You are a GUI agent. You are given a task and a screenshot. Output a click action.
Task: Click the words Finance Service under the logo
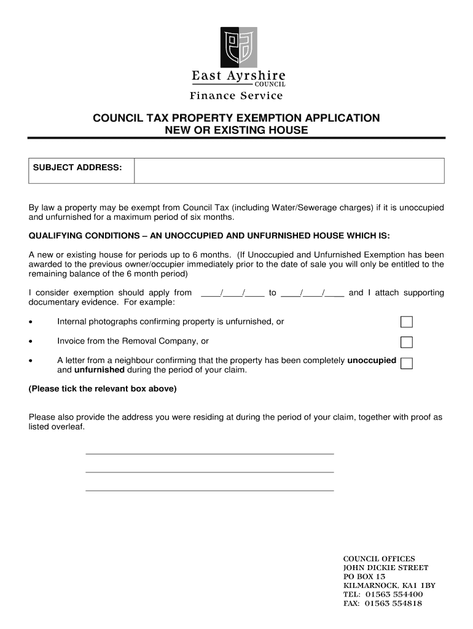[237, 95]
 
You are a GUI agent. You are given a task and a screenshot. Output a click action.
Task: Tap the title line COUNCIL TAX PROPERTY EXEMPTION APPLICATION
[237, 118]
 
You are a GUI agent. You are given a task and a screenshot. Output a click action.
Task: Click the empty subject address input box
[289, 170]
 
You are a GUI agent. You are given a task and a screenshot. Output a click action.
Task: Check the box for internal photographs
[406, 322]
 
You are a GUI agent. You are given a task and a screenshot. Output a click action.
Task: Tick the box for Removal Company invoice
[406, 342]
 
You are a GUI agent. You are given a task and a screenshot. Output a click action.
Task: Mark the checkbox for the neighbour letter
[406, 363]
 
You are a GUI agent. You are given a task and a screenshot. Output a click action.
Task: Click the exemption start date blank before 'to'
[233, 293]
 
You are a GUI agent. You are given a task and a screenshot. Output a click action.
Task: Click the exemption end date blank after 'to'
[313, 293]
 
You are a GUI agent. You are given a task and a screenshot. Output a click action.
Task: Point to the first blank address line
[209, 453]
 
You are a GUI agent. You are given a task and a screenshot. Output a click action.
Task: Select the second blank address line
[209, 471]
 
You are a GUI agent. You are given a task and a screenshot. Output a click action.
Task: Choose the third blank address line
[209, 490]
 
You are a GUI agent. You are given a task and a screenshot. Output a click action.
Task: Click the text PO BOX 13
[364, 577]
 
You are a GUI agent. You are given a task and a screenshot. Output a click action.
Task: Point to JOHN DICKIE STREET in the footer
[385, 568]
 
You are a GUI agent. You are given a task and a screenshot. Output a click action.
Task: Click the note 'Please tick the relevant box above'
[103, 389]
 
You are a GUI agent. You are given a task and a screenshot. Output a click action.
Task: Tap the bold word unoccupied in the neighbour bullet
[372, 361]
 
